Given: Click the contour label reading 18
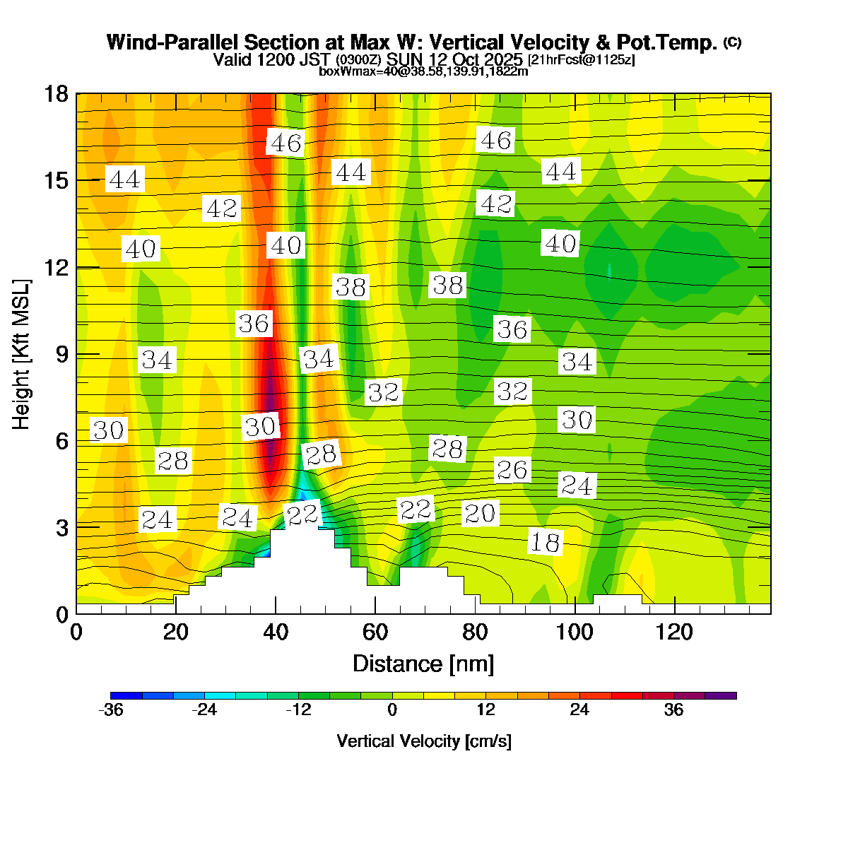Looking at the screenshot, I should click(545, 542).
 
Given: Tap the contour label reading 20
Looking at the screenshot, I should click(480, 513).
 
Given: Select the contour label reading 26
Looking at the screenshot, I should click(512, 469).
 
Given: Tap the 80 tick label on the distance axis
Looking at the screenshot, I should click(476, 632).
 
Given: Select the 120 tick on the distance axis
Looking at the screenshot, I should click(675, 632).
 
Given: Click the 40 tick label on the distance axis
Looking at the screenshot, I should click(276, 632).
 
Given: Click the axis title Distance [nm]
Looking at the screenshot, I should click(423, 664).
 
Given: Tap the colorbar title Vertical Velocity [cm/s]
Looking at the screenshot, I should click(424, 741).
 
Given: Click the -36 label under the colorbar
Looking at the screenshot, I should click(111, 710).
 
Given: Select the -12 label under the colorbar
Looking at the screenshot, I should click(298, 710).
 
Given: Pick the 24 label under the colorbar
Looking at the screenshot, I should click(579, 710).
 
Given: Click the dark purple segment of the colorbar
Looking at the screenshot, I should click(721, 695).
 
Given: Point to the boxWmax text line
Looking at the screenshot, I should click(424, 71).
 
